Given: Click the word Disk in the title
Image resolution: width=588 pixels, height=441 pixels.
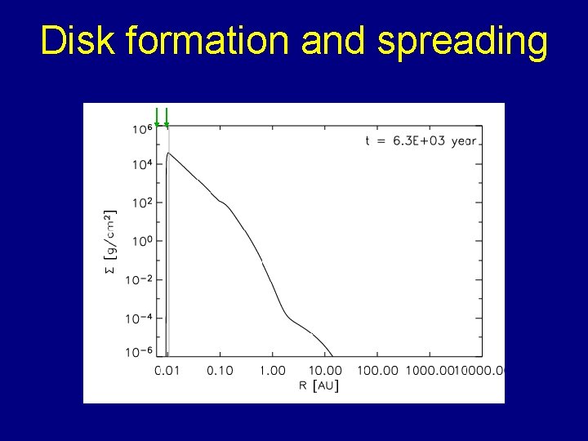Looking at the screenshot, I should (x=78, y=41).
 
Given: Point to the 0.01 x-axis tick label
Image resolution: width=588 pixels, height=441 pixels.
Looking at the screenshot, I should (x=167, y=371).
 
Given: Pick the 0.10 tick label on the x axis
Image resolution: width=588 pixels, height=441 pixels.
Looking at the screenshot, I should (x=219, y=371).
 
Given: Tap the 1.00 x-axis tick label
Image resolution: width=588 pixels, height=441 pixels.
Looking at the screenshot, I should (x=272, y=371).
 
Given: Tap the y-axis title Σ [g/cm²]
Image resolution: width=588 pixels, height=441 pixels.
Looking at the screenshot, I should (x=112, y=241).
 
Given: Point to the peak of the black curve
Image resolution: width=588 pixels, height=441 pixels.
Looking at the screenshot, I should (x=169, y=153).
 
